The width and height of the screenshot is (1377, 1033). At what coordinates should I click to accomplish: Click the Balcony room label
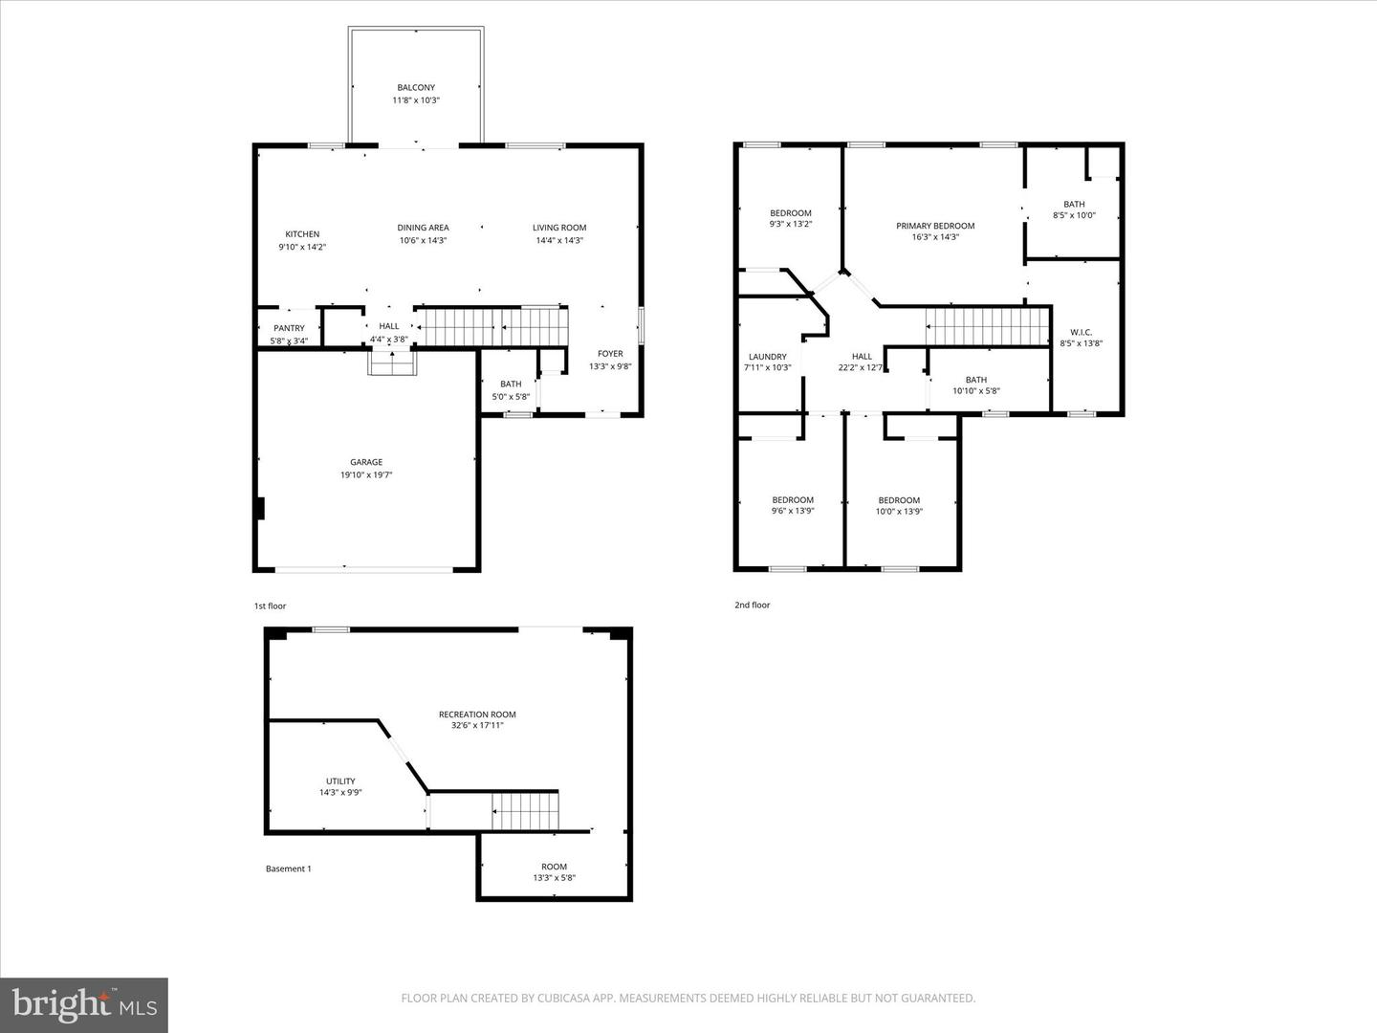416,88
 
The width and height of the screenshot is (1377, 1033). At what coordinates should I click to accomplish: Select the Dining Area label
423,228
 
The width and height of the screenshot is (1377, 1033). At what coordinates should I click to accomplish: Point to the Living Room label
559,228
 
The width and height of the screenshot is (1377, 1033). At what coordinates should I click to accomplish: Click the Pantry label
289,328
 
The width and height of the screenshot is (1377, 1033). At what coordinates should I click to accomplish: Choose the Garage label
366,462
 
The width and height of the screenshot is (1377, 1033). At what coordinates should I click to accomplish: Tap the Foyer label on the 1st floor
610,354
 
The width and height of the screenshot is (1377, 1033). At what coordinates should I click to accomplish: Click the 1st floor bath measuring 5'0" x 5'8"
511,390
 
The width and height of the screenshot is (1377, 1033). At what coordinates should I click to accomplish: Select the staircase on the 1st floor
493,327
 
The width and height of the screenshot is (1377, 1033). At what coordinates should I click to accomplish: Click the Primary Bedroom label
935,226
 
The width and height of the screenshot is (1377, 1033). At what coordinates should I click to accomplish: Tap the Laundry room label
767,357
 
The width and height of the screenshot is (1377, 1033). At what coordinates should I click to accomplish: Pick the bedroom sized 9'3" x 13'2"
791,219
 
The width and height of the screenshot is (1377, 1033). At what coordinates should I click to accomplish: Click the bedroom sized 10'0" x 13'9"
899,506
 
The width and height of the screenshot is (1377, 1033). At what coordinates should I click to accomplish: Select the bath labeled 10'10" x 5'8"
975,385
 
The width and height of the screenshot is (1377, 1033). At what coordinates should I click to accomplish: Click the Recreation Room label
477,714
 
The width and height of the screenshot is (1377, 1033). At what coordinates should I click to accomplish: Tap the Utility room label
340,781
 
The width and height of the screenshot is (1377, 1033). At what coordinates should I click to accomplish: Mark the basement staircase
525,811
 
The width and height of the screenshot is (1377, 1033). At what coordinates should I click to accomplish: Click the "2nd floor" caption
752,605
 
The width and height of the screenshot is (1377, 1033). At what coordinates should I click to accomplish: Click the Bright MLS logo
83,1004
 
